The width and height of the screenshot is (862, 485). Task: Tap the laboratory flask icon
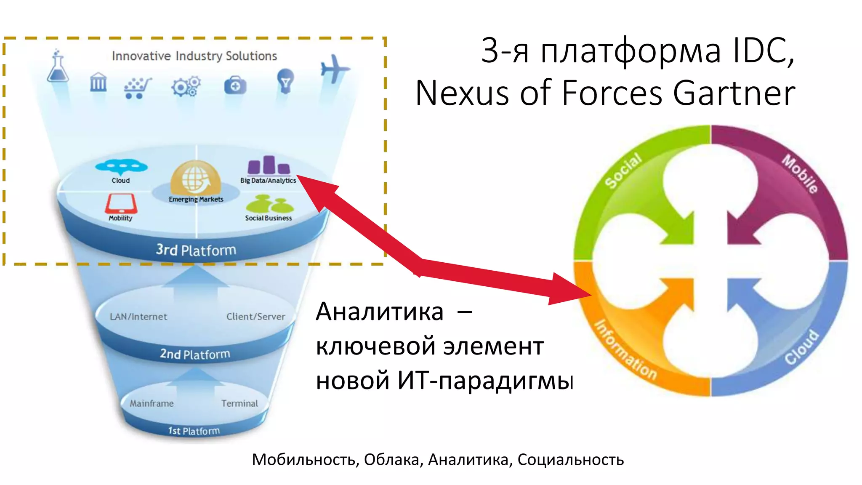click(58, 67)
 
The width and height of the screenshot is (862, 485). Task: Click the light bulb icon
click(285, 81)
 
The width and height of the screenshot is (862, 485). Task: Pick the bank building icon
click(98, 82)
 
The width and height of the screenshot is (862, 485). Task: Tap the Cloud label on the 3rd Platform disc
click(121, 180)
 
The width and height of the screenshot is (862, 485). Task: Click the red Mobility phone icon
click(121, 203)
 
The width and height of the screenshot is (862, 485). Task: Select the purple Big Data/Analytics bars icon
click(269, 165)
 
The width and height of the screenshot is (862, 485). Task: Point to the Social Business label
click(269, 218)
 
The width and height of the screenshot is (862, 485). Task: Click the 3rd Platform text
click(196, 250)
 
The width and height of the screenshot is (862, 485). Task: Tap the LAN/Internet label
click(138, 317)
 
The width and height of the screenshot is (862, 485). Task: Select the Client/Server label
click(255, 317)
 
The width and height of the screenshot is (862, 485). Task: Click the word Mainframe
click(152, 403)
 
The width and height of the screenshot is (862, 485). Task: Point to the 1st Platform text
click(194, 431)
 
